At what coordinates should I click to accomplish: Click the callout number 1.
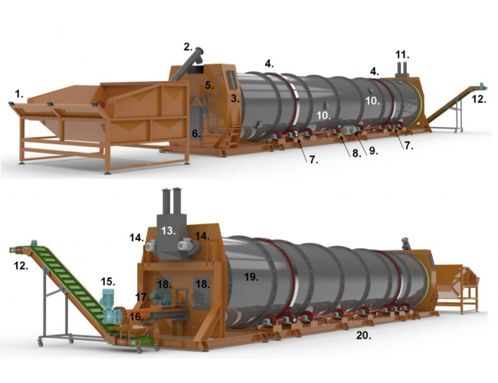(x=19, y=93)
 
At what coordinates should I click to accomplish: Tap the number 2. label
(x=188, y=47)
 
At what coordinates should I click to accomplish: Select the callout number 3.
(x=235, y=99)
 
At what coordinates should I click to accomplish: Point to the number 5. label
(x=209, y=85)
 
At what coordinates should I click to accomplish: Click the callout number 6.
(x=196, y=134)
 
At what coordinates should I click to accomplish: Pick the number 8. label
(x=357, y=153)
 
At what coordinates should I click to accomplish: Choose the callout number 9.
(x=374, y=151)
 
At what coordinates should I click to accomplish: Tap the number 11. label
(x=402, y=55)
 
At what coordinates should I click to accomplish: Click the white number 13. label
(x=168, y=231)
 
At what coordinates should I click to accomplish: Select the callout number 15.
(x=108, y=281)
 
